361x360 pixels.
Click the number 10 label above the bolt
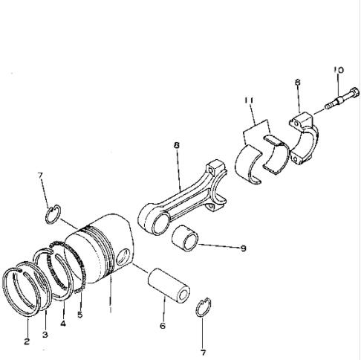[x=339, y=70]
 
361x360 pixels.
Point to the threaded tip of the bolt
[x=329, y=106]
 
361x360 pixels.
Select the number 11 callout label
[x=249, y=100]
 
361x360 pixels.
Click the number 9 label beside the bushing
[x=243, y=248]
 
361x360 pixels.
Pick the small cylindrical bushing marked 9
[x=185, y=238]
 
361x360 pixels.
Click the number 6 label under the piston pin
[x=163, y=326]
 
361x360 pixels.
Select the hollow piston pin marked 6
[x=169, y=285]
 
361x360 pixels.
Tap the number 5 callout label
[x=79, y=315]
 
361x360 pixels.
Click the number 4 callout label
[x=63, y=324]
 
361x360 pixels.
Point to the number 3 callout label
[x=45, y=335]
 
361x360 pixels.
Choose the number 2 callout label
[x=27, y=341]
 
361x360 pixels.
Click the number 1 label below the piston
[x=111, y=309]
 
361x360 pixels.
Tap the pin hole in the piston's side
[x=123, y=257]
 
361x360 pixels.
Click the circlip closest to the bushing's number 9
[x=203, y=307]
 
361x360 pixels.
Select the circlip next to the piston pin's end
[x=203, y=307]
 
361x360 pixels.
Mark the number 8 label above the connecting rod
[x=176, y=145]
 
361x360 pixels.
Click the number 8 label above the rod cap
[x=298, y=82]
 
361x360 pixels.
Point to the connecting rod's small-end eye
[x=155, y=222]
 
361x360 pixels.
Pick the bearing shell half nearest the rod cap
[x=276, y=154]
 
